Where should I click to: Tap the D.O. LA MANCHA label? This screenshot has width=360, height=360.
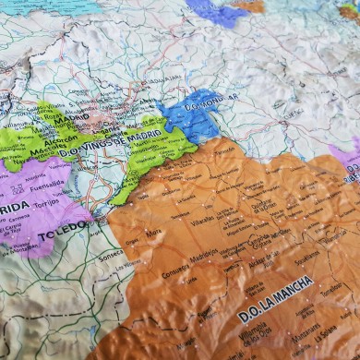(275, 299)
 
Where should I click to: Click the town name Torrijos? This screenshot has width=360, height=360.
(44, 201)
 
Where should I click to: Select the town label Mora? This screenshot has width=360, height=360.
(153, 233)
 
